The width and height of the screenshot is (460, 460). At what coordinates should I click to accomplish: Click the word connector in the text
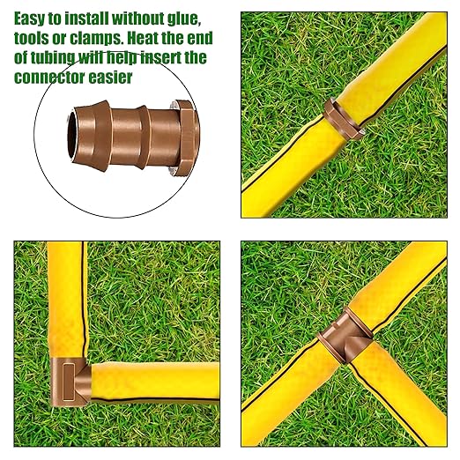pos(51,78)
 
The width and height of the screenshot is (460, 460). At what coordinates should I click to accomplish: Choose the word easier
pos(117,78)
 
